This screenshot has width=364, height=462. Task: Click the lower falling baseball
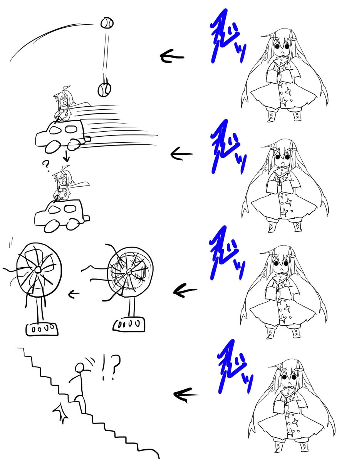pos(104,89)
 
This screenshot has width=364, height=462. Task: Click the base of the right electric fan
pos(129,324)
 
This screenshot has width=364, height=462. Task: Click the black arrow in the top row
pos(172,57)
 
